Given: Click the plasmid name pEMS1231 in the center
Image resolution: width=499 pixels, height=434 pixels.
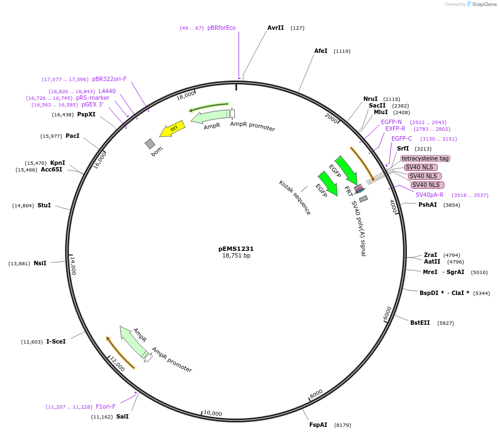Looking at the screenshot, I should point(236,249).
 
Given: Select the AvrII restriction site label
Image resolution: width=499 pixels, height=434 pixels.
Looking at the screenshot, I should point(276,28).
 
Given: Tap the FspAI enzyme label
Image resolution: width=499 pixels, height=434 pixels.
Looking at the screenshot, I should point(318,425).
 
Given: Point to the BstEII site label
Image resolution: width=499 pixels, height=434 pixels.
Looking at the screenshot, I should point(420,323).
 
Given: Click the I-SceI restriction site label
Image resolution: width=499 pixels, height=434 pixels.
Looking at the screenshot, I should point(56,341).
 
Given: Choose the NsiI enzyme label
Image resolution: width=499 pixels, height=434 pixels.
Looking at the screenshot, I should point(40,263).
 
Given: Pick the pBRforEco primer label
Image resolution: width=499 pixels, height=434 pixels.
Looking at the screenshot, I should point(222,28).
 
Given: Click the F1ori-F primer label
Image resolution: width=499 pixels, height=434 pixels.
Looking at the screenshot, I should point(106,406).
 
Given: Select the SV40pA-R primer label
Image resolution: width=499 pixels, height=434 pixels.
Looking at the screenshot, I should point(430,195).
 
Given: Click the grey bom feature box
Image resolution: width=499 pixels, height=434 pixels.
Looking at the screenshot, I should point(150,143).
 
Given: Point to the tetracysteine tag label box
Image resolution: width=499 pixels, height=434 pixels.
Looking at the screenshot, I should point(425,158).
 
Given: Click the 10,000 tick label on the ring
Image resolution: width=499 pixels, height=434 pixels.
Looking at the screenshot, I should point(213,413).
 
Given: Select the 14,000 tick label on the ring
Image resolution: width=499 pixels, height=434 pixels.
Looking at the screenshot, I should point(73,266).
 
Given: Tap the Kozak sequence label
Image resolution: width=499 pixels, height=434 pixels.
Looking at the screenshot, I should point(294,197).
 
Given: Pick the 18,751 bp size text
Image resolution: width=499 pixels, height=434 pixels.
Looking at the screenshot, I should point(236,255).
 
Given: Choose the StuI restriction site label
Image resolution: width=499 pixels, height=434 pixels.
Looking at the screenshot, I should point(44,205).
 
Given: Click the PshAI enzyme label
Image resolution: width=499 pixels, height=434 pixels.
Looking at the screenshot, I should point(427,205).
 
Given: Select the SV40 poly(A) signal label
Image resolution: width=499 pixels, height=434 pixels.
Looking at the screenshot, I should point(358,228).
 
